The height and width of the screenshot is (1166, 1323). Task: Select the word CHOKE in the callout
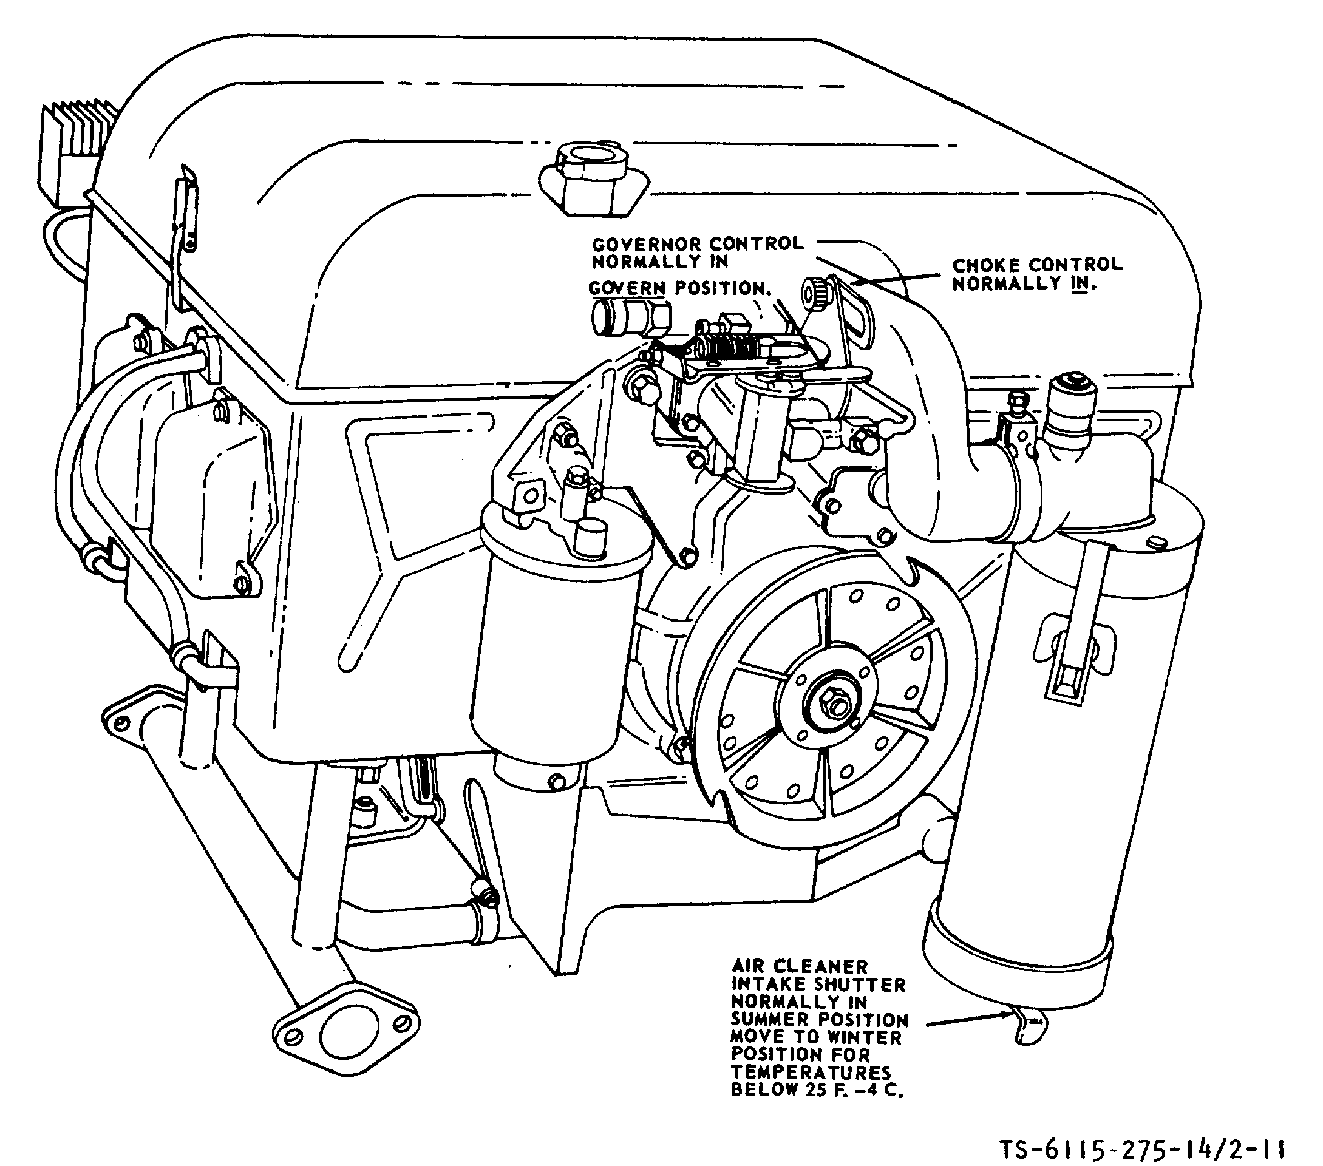click(987, 265)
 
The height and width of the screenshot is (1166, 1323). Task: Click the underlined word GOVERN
click(627, 288)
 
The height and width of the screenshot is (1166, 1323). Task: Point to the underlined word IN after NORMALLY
click(1080, 283)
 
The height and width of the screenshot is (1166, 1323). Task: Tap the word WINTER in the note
click(864, 1037)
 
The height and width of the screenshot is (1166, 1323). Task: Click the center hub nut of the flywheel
click(831, 699)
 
